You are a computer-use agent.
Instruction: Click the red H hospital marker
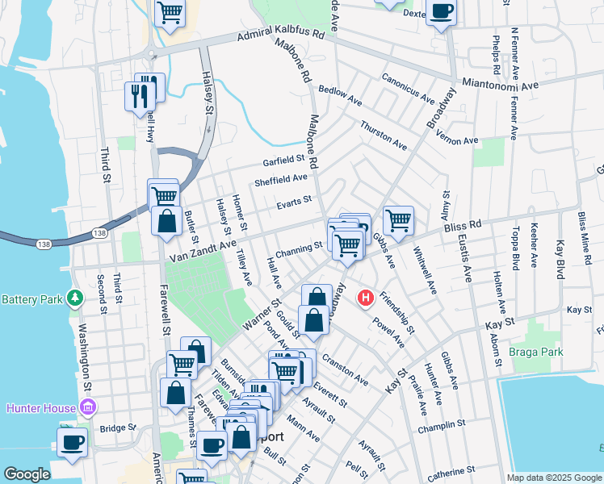click(365, 298)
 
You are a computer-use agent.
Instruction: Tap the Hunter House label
click(40, 407)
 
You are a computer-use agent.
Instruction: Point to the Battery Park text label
click(32, 299)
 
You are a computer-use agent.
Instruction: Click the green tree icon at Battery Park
click(75, 299)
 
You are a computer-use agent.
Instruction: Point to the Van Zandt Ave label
click(203, 251)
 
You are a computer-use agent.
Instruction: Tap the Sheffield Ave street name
click(281, 181)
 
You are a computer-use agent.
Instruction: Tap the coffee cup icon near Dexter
click(441, 12)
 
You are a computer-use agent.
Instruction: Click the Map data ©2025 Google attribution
click(553, 478)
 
